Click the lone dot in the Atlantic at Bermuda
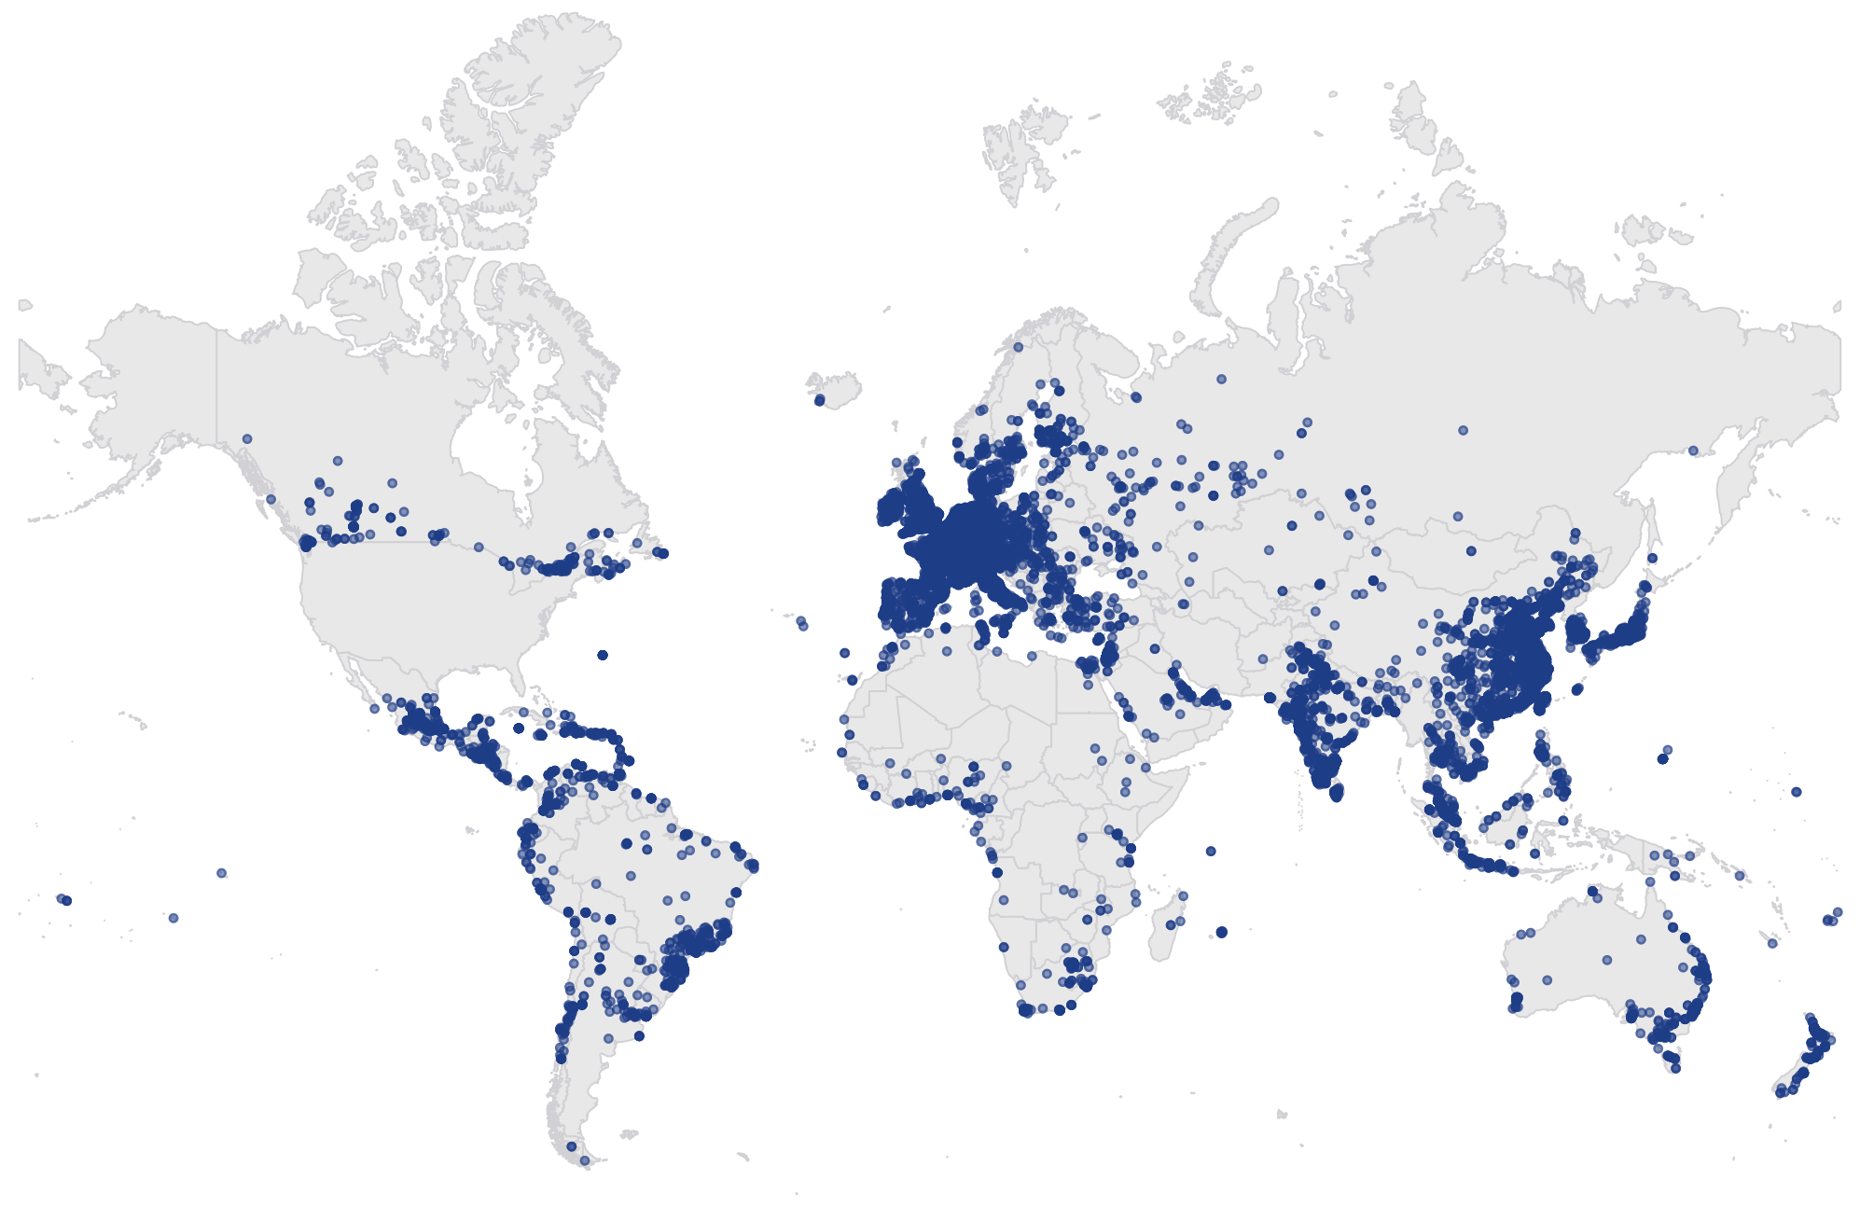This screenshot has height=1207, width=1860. tap(603, 655)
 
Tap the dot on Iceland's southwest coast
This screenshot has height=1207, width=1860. tap(819, 400)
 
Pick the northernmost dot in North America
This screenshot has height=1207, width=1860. tap(247, 438)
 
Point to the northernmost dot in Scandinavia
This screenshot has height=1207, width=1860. tap(1019, 347)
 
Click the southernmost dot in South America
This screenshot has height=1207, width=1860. tap(585, 1160)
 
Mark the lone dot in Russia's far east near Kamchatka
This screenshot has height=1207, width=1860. tap(1693, 451)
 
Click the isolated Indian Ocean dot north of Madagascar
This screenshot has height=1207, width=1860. tap(1211, 851)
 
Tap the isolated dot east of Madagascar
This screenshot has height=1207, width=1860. tap(1222, 932)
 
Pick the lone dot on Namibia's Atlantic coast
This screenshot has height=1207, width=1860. tap(1004, 947)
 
